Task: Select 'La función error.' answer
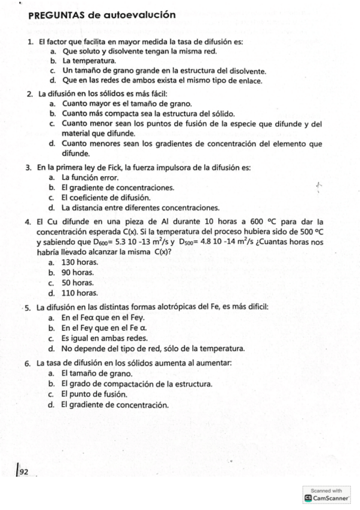click(90, 177)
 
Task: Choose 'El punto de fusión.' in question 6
click(94, 394)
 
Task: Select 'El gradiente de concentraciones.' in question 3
click(118, 188)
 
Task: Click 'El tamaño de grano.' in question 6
click(96, 373)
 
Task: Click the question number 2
click(29, 94)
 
